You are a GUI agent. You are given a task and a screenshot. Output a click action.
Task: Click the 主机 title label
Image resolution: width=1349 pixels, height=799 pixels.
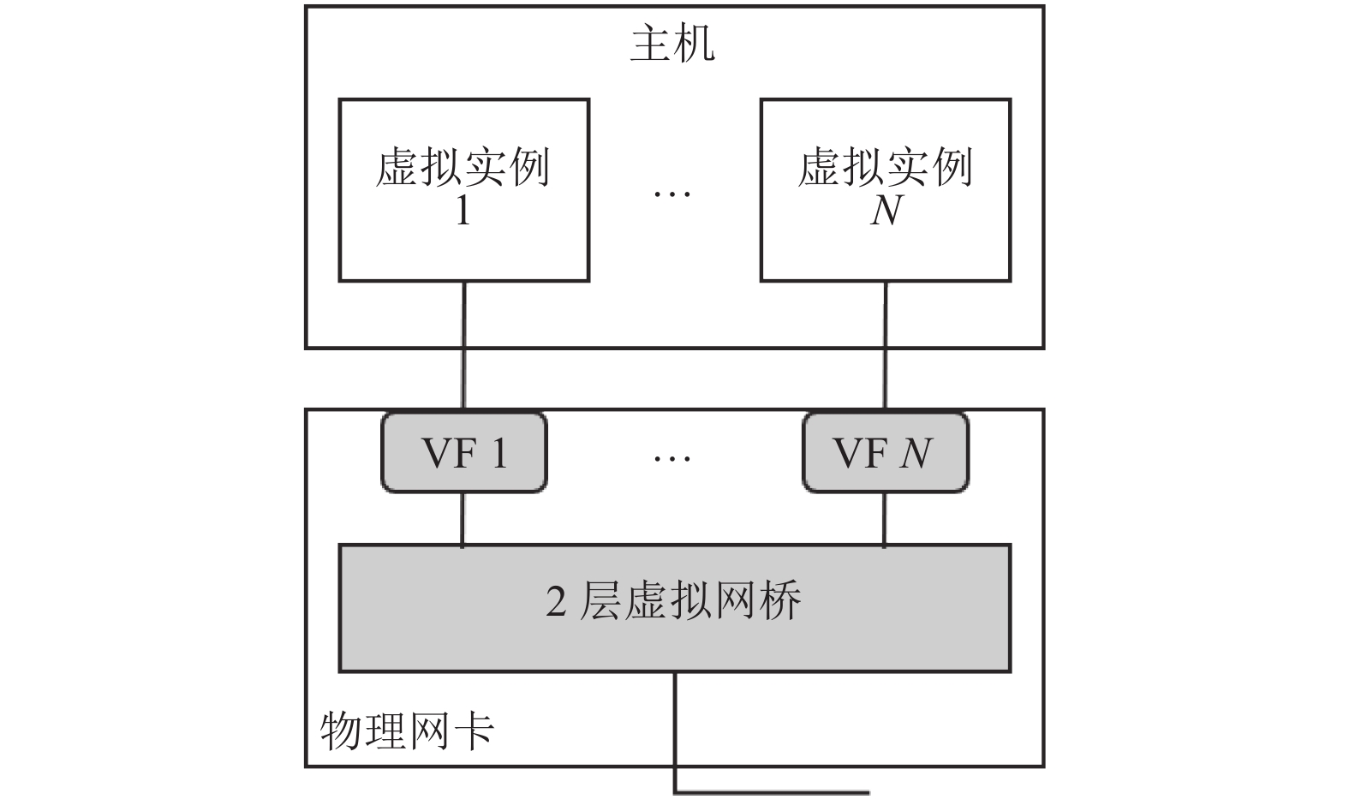(672, 44)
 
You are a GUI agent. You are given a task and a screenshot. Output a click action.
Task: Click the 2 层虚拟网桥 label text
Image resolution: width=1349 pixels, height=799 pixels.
(673, 600)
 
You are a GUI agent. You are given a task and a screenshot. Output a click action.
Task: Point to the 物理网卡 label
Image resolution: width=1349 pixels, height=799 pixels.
(407, 731)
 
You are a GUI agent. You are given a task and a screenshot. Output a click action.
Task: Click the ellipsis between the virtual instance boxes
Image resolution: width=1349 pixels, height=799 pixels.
(672, 194)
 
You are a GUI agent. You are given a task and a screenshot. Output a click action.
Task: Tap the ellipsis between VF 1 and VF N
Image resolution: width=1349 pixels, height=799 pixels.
(672, 459)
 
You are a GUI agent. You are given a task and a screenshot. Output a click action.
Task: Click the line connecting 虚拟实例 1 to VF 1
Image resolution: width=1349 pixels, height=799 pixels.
(463, 346)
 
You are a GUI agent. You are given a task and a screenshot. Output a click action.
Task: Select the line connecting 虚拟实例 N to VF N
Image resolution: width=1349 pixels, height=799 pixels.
(886, 346)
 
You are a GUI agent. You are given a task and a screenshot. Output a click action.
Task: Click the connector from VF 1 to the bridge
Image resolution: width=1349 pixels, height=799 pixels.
(462, 520)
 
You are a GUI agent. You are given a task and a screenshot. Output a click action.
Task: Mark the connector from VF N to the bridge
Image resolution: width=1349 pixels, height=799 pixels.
(884, 520)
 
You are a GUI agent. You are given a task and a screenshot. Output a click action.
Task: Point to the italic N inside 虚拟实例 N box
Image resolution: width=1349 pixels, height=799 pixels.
(886, 211)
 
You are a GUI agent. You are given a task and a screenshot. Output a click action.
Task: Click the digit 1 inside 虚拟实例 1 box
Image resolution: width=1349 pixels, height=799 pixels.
(463, 211)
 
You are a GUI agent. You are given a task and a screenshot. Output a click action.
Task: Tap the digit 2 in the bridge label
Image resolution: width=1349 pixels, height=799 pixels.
(556, 601)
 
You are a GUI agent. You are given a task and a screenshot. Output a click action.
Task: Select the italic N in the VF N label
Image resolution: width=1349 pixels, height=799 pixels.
(916, 453)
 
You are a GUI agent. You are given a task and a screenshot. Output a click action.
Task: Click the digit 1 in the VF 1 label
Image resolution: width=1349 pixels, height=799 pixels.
(499, 453)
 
